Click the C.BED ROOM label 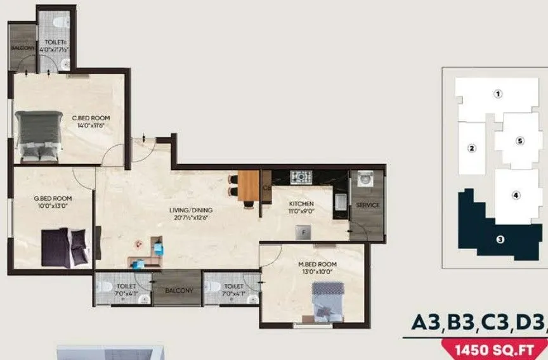tap(91, 118)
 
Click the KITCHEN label tap(302, 204)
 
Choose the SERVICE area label tap(368, 205)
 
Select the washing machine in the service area tap(366, 179)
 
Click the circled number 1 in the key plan tap(499, 94)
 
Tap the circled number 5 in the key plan tap(519, 141)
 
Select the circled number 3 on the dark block tap(500, 239)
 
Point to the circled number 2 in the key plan tap(471, 149)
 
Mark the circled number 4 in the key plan tap(516, 195)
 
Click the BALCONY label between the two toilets tap(180, 290)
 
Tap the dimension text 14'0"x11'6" tap(91, 125)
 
